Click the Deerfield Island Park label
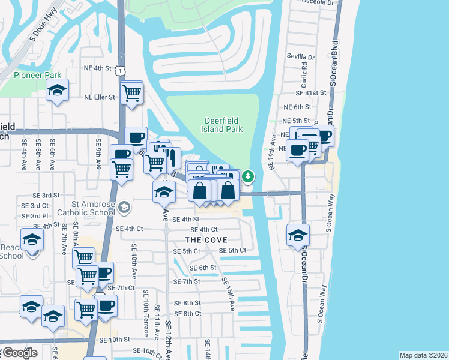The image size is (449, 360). point(223,125)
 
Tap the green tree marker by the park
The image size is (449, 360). point(248,176)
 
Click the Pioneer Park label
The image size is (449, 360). point(38,76)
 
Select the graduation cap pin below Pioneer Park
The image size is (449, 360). point(57,91)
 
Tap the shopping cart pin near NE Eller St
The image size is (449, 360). point(131,94)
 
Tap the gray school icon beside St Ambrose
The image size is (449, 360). point(124,207)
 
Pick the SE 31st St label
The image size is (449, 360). point(310,93)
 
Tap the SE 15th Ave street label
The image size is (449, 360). point(229,293)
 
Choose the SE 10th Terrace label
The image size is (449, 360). point(146,309)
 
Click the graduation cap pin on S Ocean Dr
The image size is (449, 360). point(298,236)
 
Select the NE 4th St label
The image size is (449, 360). point(98,68)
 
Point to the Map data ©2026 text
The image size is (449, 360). point(423,355)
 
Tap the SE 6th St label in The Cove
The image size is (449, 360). point(202,268)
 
